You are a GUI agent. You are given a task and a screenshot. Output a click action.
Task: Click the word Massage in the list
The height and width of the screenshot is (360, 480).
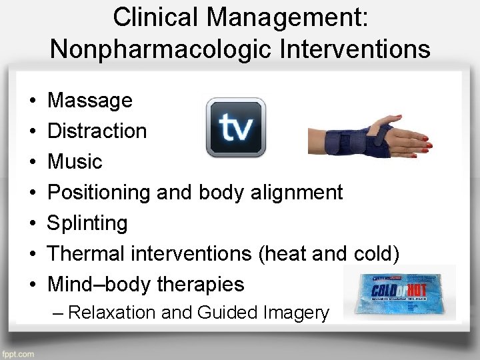pos(90,101)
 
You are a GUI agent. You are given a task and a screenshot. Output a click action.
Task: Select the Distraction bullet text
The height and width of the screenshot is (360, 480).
pos(97,131)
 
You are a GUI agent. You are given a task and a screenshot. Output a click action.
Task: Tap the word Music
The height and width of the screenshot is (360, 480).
pos(75,161)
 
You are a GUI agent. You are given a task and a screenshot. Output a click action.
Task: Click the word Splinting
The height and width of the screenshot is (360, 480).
pos(87,223)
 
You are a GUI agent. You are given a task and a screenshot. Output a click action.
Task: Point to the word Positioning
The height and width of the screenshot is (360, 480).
pos(99,193)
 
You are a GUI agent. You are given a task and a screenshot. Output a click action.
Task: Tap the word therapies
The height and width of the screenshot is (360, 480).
pos(201,285)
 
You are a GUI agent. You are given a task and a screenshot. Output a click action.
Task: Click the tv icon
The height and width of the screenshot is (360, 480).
pos(235,127)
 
